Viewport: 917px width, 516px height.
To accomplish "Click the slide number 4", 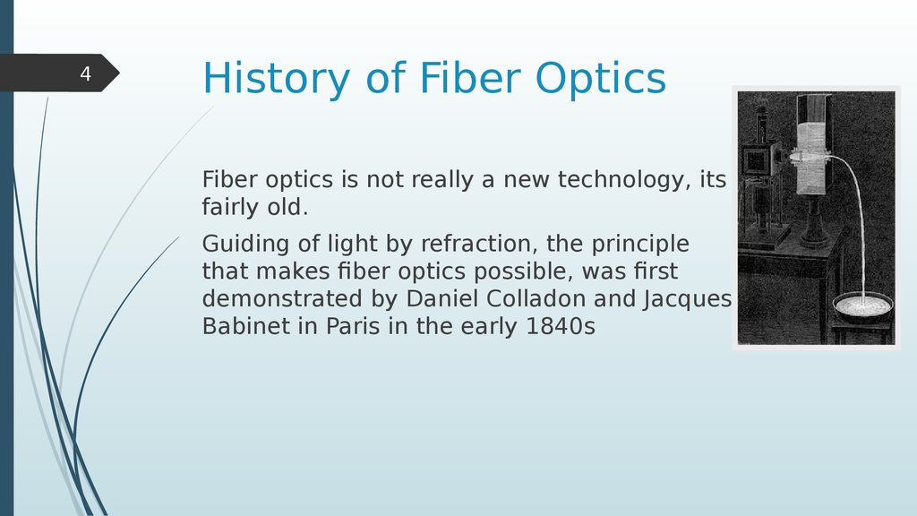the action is click(x=85, y=73).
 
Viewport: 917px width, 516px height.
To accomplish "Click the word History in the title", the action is click(x=276, y=79).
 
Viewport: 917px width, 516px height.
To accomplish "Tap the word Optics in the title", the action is click(x=601, y=79).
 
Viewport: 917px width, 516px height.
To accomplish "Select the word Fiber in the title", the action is click(x=469, y=77).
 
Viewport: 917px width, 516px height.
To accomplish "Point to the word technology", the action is click(x=621, y=180).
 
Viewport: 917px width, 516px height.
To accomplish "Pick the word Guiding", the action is click(x=245, y=244).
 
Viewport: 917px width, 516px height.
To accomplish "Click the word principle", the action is click(x=640, y=244).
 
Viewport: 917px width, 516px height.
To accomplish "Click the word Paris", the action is click(x=353, y=326).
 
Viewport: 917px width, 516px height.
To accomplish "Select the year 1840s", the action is click(x=561, y=326).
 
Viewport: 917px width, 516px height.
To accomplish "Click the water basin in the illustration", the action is click(x=862, y=306).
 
